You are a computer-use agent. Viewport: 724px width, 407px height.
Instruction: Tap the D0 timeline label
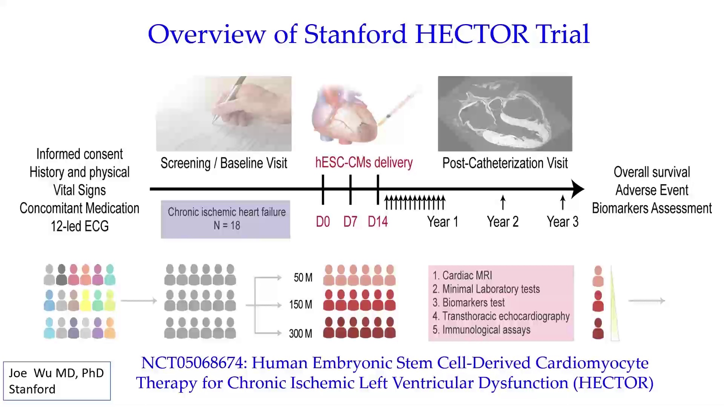coord(323,222)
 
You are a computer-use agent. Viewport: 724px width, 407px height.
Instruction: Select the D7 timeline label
coord(350,222)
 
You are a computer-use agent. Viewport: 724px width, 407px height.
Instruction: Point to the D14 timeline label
coord(378,222)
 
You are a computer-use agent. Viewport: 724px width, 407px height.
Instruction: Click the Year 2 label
coord(503,222)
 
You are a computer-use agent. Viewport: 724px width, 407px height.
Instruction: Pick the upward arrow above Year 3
coord(563,202)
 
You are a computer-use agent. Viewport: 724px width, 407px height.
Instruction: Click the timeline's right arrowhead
coord(578,189)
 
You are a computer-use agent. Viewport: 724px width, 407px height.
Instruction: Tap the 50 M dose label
coord(303,278)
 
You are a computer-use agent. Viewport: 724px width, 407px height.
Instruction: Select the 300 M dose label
coord(301,334)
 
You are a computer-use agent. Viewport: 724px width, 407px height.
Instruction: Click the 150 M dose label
coord(301,304)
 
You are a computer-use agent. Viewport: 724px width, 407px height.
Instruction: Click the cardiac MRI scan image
coord(505,113)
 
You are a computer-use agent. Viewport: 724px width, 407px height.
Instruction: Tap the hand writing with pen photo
coord(224,113)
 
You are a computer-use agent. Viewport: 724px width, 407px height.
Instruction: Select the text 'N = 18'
coord(227,225)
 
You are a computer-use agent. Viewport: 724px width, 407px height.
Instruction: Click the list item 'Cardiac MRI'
coord(462,275)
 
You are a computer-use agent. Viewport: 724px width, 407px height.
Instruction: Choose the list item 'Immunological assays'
coord(482,330)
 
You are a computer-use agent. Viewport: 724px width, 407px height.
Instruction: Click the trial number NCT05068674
coord(194,363)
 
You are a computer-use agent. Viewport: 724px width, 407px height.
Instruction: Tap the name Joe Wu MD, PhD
coord(56,373)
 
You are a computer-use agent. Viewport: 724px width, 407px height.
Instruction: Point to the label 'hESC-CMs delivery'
coord(364,163)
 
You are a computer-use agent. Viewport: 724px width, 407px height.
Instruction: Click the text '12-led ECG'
coord(80,226)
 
